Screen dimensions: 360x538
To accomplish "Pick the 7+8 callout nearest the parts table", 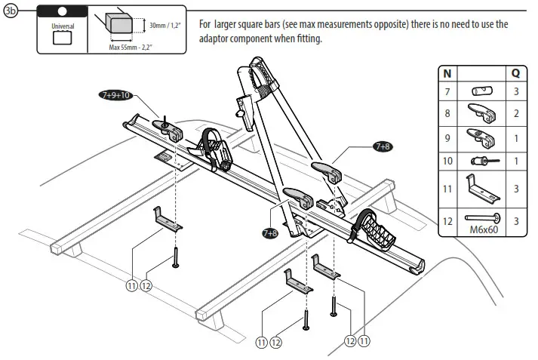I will coord(382,146).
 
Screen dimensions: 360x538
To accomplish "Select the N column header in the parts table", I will coord(447,74).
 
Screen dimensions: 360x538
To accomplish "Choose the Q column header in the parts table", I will coord(515,74).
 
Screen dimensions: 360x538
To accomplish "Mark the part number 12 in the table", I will coord(447,221).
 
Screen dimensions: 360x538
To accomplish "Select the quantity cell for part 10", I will coord(515,161).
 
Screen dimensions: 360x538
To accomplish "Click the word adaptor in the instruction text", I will coord(219,39).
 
